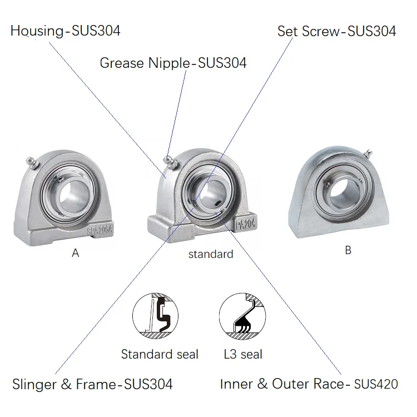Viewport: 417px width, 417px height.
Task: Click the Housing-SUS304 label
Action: click(x=65, y=31)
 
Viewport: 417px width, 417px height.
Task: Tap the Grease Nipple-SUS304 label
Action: click(x=173, y=63)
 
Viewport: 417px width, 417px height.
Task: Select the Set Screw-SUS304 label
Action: click(x=336, y=31)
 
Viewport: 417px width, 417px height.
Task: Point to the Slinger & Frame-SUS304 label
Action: click(x=92, y=384)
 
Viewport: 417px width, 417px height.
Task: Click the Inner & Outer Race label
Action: click(x=309, y=384)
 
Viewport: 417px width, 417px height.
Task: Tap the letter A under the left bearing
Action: click(x=76, y=254)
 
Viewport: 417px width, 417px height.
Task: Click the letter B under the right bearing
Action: click(x=348, y=251)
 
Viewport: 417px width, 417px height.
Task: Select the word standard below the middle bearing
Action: click(x=210, y=255)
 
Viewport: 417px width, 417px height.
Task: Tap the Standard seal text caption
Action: click(x=160, y=354)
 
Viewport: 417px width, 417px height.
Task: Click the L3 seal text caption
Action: click(x=243, y=354)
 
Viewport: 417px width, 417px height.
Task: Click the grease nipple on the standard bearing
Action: click(x=169, y=162)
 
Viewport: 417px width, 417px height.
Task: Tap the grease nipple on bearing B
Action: click(x=366, y=153)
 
